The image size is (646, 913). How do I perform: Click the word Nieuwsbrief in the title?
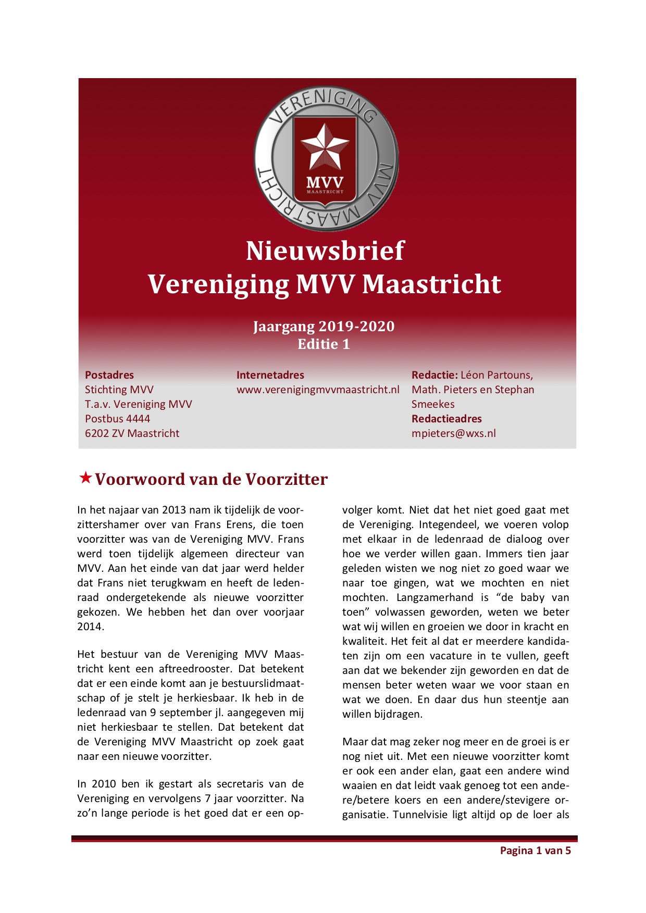pyautogui.click(x=325, y=251)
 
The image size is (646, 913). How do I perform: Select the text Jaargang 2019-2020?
pyautogui.click(x=324, y=327)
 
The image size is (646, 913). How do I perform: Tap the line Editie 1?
pyautogui.click(x=324, y=344)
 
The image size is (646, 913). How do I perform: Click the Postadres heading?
pyautogui.click(x=109, y=375)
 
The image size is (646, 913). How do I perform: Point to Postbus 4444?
pyautogui.click(x=117, y=419)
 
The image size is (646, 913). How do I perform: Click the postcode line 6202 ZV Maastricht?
pyautogui.click(x=132, y=433)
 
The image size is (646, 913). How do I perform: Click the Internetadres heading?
pyautogui.click(x=270, y=375)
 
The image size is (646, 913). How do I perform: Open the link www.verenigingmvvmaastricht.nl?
pyautogui.click(x=318, y=390)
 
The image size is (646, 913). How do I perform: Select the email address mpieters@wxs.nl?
pyautogui.click(x=453, y=433)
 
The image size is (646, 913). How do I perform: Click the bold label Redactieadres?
pyautogui.click(x=446, y=419)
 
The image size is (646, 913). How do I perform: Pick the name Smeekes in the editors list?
pyautogui.click(x=433, y=404)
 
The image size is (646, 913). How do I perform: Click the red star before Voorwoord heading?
pyautogui.click(x=85, y=478)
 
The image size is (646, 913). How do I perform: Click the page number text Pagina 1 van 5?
pyautogui.click(x=535, y=851)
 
